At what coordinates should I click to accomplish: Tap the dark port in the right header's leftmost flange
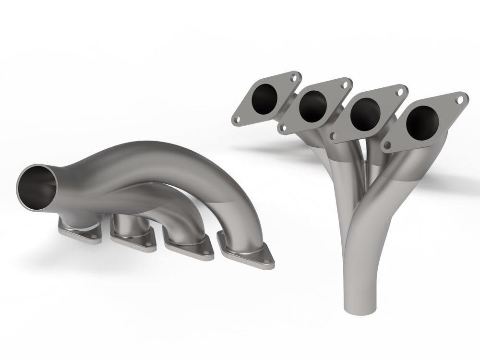coord(264,99)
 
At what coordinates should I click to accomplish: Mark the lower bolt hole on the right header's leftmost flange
coord(236,120)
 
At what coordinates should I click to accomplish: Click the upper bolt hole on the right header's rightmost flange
coord(459,100)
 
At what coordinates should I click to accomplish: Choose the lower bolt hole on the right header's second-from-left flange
coord(283,128)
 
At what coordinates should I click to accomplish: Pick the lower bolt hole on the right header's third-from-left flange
coord(333,136)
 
